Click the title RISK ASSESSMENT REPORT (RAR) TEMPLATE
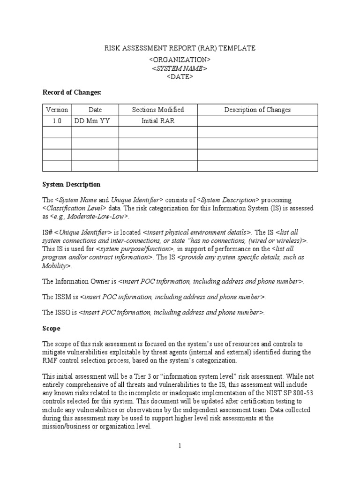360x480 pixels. tap(180, 48)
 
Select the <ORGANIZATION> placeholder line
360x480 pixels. tap(180, 60)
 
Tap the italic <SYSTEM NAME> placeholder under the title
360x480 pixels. tap(180, 68)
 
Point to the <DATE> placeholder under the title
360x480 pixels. tap(180, 77)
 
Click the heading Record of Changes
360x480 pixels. tap(72, 93)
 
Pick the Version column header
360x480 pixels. tap(57, 110)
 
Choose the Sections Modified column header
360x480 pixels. tap(157, 110)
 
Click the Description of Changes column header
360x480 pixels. tap(257, 110)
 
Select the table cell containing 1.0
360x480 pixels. tap(57, 121)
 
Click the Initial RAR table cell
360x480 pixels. tap(157, 121)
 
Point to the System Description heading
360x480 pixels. tap(71, 184)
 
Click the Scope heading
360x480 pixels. tap(51, 329)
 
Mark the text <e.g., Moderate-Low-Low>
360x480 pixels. tap(89, 217)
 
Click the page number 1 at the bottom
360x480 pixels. tap(180, 446)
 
